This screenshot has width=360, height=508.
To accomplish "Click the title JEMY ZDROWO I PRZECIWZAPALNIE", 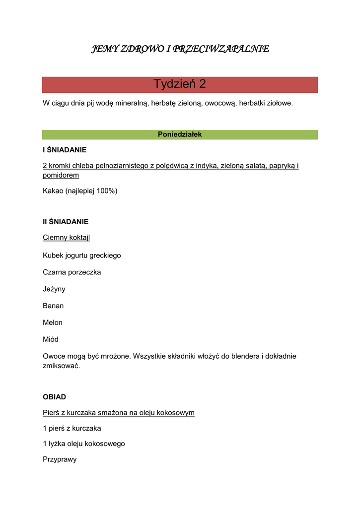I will pos(180,49).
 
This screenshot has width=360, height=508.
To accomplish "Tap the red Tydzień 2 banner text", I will pos(180,84).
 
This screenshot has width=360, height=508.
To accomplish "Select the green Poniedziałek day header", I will pos(180,134).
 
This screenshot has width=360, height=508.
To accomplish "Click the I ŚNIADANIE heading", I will pos(65,149).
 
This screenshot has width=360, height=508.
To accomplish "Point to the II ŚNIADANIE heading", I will pos(66,222).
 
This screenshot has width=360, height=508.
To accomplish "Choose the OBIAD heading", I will pos(54,397).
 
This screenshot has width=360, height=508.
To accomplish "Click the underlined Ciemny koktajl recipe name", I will pos(66,238).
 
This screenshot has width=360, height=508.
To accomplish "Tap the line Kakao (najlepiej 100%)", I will pos(80,190).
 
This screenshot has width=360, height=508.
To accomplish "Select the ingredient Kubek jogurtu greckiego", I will pos(82,255).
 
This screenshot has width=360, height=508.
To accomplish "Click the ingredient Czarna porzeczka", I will pos(72,272).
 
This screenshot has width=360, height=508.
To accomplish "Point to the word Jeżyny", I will pos(54,289).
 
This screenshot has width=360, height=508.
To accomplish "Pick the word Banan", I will pos(53,306).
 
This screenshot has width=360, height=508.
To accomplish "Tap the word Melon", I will pos(53,322).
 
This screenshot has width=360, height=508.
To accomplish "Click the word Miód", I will pos(51,339).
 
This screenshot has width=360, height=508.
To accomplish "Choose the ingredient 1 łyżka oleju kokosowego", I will pos(84,444).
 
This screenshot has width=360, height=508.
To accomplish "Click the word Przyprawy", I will pos(60,459).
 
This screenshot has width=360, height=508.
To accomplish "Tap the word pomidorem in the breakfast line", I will pos(61,175).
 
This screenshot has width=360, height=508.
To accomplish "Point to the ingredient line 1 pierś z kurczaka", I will pos(72,428).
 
